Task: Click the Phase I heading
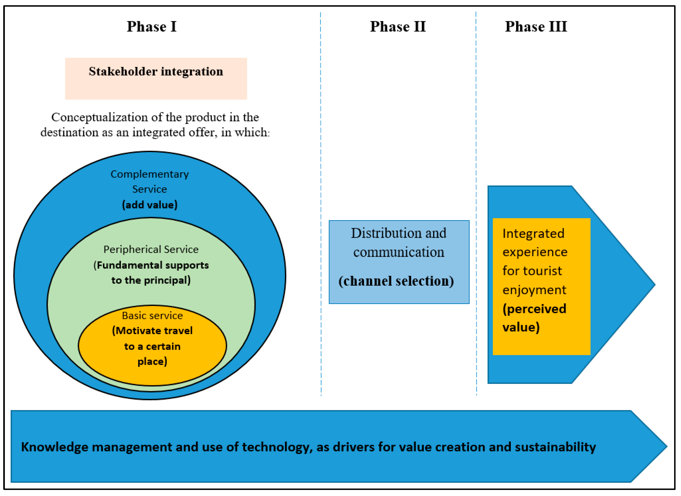click(x=152, y=26)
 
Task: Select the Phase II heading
click(x=398, y=26)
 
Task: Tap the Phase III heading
click(x=536, y=26)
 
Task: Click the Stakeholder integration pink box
click(x=156, y=79)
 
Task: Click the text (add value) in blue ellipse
click(x=150, y=205)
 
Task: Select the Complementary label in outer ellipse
click(x=150, y=174)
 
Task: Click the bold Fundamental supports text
click(x=153, y=265)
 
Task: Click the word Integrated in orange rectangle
click(x=533, y=234)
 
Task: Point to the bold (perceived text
click(x=534, y=309)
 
